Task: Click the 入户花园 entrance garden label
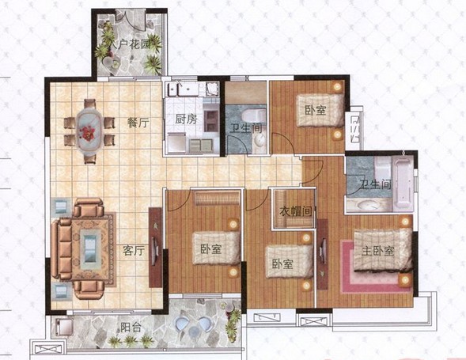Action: (130, 45)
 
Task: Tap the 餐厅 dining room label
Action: (138, 123)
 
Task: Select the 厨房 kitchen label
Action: (186, 119)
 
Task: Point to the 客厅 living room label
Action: (134, 251)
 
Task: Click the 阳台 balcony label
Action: (131, 328)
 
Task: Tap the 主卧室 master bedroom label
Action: (378, 251)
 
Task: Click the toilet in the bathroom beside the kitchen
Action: (253, 116)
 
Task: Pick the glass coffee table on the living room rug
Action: (90, 248)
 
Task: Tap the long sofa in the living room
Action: (61, 249)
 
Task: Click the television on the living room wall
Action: (155, 247)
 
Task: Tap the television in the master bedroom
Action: (322, 252)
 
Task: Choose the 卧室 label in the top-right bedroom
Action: (316, 110)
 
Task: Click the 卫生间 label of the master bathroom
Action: (376, 184)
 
